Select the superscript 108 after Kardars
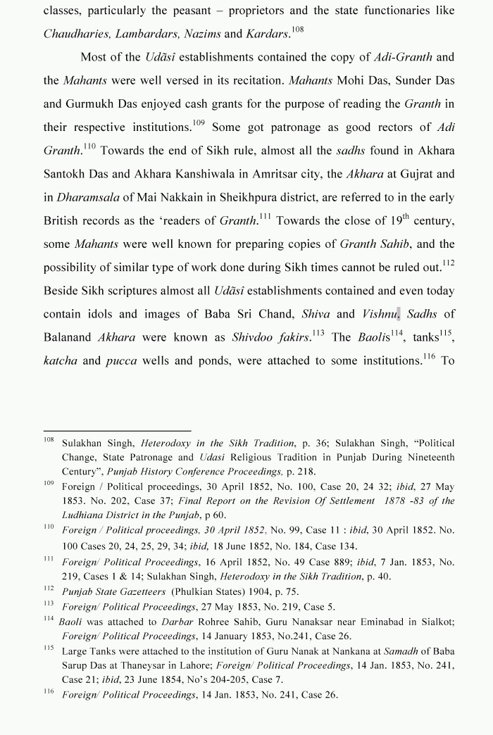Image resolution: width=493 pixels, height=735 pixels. [297, 30]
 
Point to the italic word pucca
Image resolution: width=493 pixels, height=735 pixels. [121, 360]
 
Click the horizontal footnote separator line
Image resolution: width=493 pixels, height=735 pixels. [117, 430]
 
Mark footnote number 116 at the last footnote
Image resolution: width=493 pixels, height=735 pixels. [49, 692]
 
